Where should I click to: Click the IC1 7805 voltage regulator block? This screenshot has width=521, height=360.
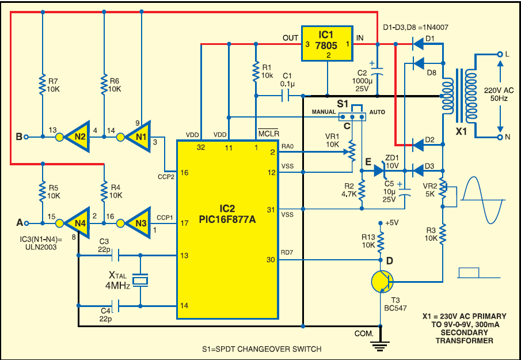(x=326, y=44)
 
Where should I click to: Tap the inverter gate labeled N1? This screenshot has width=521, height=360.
(x=139, y=137)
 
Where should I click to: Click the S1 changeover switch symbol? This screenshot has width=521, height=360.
(x=353, y=116)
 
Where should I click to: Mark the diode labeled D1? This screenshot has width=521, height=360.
(x=418, y=44)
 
